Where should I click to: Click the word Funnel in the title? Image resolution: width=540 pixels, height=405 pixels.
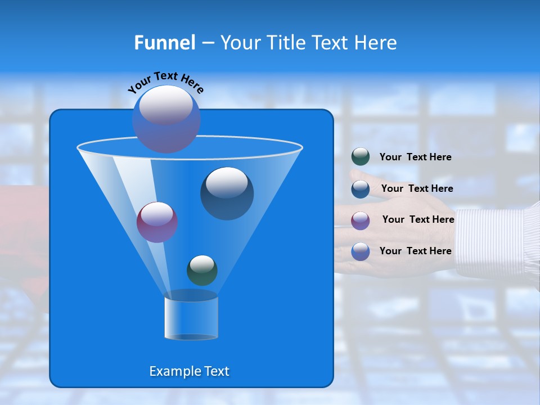click(165, 43)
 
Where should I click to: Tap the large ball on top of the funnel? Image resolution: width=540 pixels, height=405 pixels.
click(166, 119)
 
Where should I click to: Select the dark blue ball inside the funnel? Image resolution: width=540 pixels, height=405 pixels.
click(227, 194)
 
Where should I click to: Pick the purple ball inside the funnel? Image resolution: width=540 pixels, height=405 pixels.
click(157, 222)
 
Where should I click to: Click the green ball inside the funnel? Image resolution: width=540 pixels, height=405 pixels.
click(202, 271)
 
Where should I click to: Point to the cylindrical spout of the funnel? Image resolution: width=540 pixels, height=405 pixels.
click(191, 318)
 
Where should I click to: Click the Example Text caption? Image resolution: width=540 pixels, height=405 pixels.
click(189, 371)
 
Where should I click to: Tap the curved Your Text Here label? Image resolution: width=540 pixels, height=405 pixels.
click(165, 82)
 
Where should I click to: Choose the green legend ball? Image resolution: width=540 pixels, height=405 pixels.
click(360, 157)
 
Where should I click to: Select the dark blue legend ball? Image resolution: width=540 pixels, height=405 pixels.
click(360, 188)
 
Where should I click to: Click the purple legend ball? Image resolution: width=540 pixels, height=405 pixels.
click(360, 220)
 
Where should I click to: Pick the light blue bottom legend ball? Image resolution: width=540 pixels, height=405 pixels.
click(360, 251)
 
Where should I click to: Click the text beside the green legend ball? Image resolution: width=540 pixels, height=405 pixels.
click(415, 157)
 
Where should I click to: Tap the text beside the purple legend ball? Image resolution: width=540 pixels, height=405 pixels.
click(418, 219)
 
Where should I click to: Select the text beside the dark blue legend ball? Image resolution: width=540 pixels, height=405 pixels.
click(417, 188)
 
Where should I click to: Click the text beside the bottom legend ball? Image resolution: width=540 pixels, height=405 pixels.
click(415, 251)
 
